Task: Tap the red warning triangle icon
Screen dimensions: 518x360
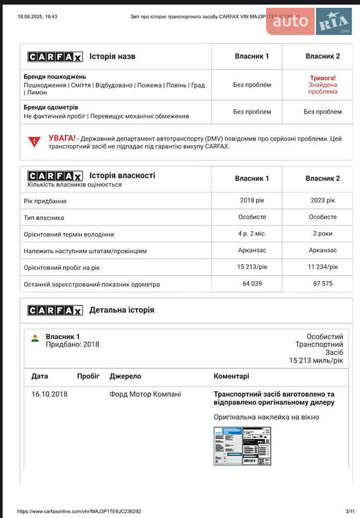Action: click(x=34, y=141)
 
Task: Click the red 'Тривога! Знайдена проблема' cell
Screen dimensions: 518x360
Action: click(x=322, y=85)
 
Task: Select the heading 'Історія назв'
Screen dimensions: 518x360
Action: click(x=112, y=57)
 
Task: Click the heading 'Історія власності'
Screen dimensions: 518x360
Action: click(x=122, y=175)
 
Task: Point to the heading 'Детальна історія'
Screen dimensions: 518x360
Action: click(x=122, y=310)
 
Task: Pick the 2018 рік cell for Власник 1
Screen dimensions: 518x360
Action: click(x=252, y=201)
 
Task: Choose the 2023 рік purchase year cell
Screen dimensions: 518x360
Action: click(x=322, y=201)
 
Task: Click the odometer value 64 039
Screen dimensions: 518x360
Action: click(x=252, y=284)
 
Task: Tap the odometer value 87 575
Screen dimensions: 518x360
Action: click(x=322, y=284)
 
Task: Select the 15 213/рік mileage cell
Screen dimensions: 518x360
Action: click(x=252, y=267)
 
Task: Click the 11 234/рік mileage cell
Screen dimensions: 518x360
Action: click(x=322, y=267)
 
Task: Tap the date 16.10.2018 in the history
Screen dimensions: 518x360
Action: click(x=49, y=394)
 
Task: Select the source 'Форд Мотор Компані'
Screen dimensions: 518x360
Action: click(x=145, y=394)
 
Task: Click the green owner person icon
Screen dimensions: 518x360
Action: click(x=35, y=338)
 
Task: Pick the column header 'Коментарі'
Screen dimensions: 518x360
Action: click(x=231, y=376)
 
